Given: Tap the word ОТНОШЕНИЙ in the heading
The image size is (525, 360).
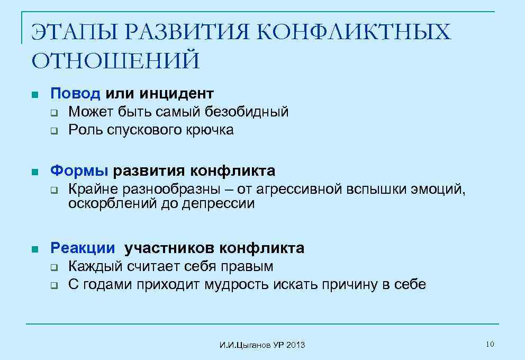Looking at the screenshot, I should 116,60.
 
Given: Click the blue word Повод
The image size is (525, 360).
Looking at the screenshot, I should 75,94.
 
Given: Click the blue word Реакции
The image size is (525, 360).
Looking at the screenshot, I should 82,248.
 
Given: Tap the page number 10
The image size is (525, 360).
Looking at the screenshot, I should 490,345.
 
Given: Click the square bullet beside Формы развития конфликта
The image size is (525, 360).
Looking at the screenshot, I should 34,172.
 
